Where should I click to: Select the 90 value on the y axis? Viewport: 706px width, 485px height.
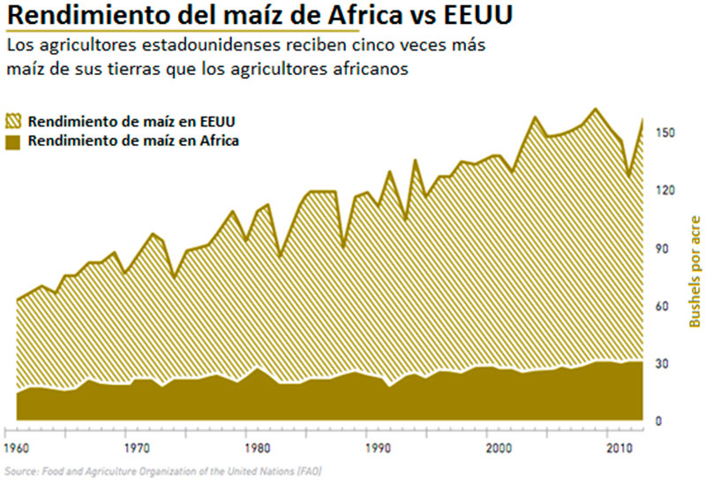click(668, 249)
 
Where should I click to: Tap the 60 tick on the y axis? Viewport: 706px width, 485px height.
click(668, 307)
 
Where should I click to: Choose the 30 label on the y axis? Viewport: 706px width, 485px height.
click(668, 364)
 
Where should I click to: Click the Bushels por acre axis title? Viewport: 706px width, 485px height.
click(695, 270)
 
